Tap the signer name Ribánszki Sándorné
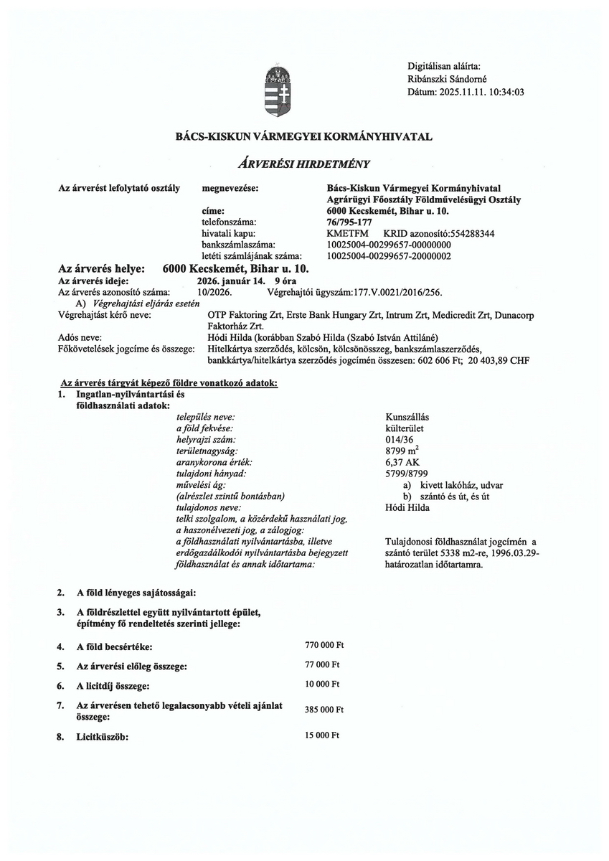pos(448,78)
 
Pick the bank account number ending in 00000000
pos(388,245)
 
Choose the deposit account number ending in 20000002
pos(388,255)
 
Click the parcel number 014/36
pos(399,439)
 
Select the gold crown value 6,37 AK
pos(402,462)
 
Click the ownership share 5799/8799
pos(407,474)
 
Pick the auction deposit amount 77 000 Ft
pos(323,664)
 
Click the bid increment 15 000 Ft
pos(323,735)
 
